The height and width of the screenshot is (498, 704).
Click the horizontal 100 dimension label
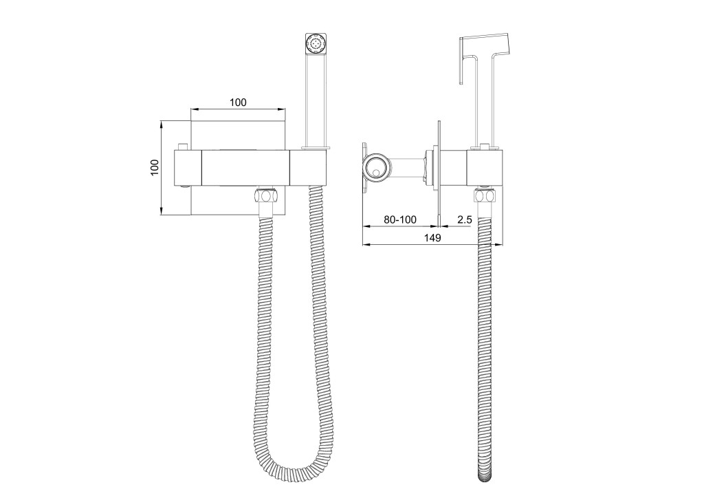(238, 102)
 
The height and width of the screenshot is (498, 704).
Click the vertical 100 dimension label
(155, 168)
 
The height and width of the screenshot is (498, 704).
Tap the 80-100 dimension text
(400, 219)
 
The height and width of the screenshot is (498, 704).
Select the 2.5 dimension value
(465, 219)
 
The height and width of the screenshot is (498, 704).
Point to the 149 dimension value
(433, 238)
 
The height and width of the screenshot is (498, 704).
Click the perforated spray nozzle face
(314, 43)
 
